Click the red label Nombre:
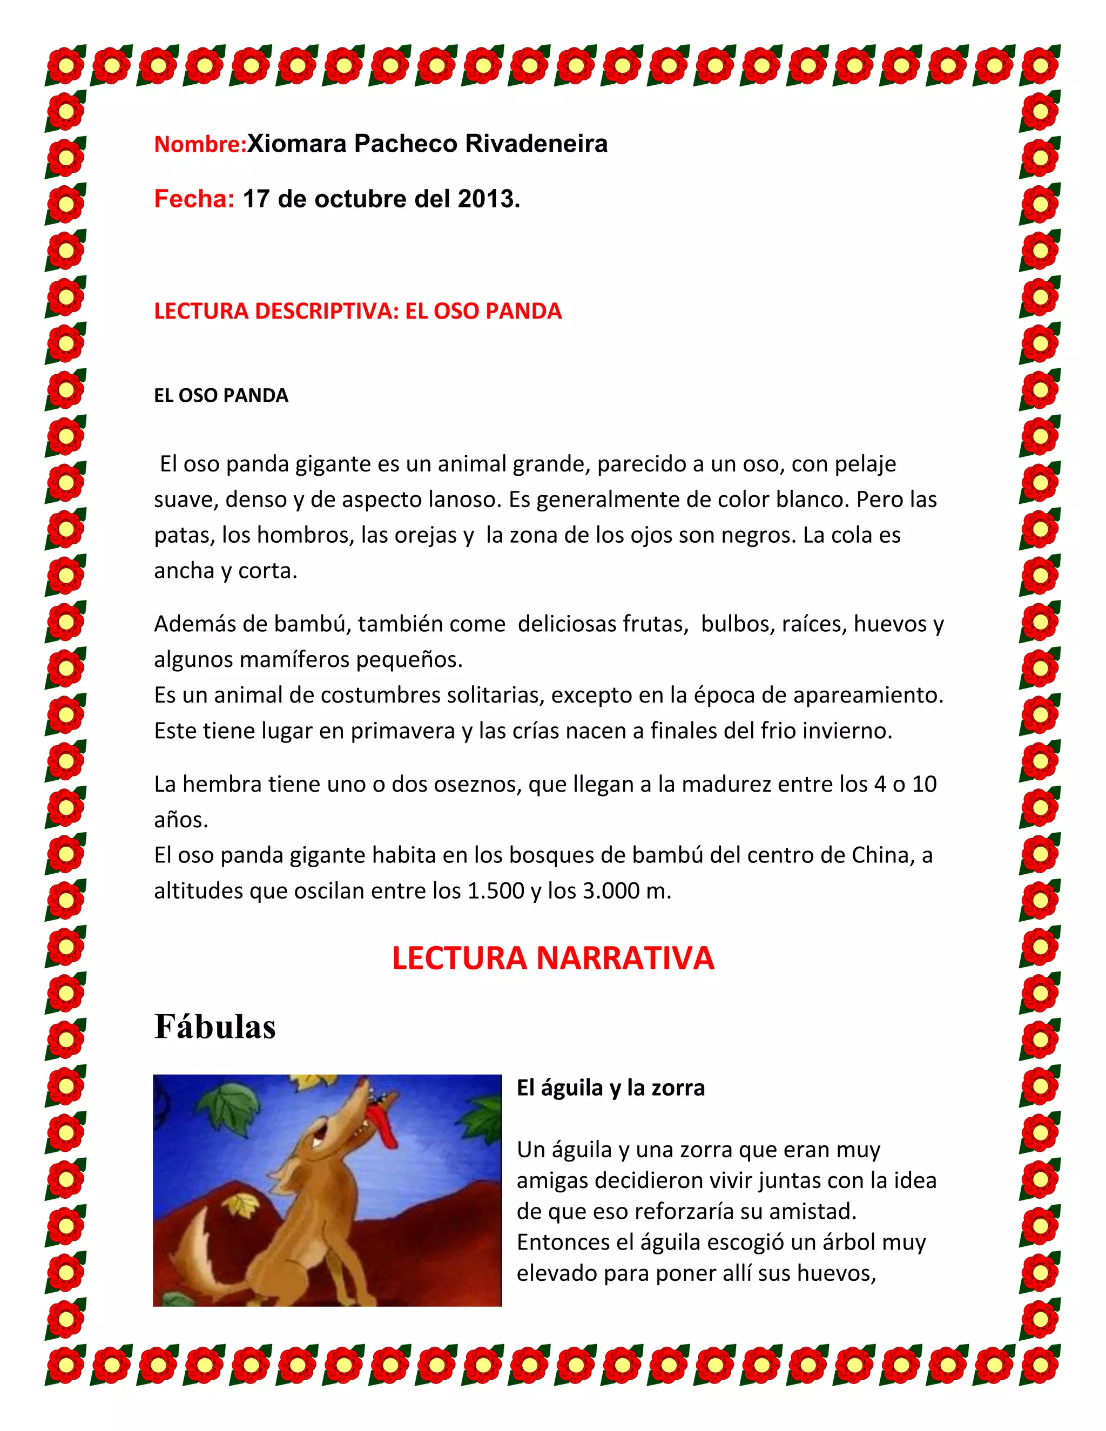tap(199, 144)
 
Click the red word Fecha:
tap(194, 199)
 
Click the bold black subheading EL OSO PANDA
tap(221, 396)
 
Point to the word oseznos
tap(454, 784)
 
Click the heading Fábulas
tap(215, 1027)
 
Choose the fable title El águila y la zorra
tap(611, 1088)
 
